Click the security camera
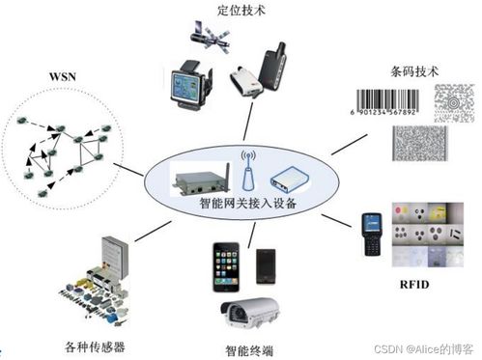(x=251, y=315)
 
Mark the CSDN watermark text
(x=418, y=346)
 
